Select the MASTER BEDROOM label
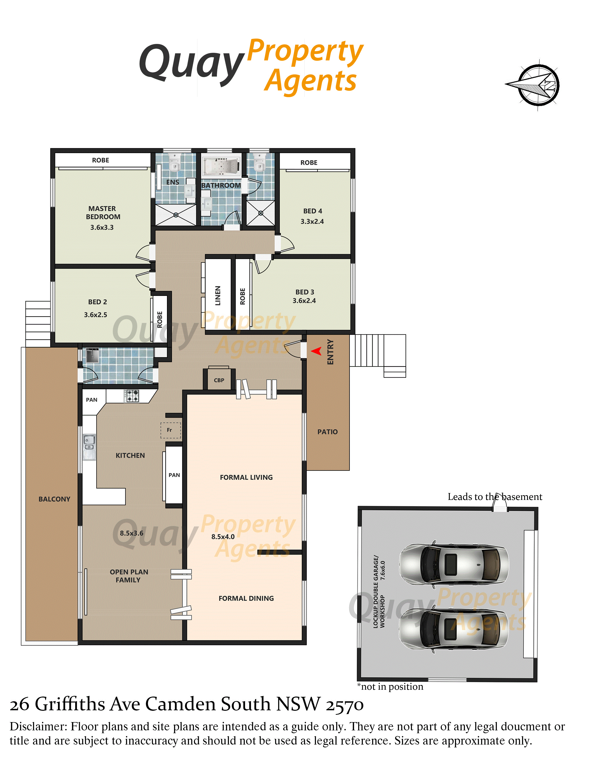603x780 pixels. pyautogui.click(x=103, y=212)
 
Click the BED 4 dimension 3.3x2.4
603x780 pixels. pyautogui.click(x=312, y=221)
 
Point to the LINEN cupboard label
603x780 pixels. pyautogui.click(x=218, y=295)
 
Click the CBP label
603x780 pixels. pyautogui.click(x=219, y=380)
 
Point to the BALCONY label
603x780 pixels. pyautogui.click(x=54, y=499)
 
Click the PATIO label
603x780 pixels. pyautogui.click(x=328, y=432)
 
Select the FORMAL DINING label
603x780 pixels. pyautogui.click(x=246, y=598)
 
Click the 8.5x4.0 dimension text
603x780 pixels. pyautogui.click(x=223, y=537)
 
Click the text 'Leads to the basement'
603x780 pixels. pyautogui.click(x=495, y=497)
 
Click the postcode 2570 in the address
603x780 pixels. pyautogui.click(x=344, y=705)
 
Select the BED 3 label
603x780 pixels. pyautogui.click(x=305, y=292)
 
